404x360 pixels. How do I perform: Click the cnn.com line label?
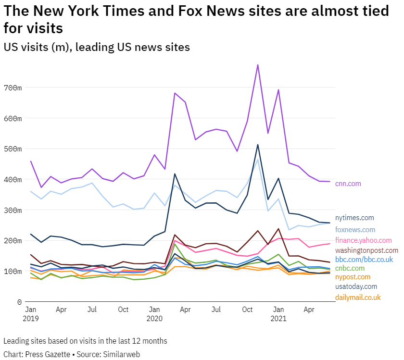[x=348, y=184]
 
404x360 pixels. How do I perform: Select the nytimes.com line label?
[x=354, y=218]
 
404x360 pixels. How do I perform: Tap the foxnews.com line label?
[x=355, y=230]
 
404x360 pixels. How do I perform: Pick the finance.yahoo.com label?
[x=363, y=240]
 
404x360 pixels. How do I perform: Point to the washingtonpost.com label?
[x=366, y=250]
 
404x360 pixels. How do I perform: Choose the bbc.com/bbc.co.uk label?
[x=364, y=260]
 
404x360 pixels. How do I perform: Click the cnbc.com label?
[x=350, y=268]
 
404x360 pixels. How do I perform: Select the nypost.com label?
[x=353, y=277]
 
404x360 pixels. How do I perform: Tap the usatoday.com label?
[x=356, y=286]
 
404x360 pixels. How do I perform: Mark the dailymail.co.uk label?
[x=358, y=298]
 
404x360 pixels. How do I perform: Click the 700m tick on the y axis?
[x=13, y=87]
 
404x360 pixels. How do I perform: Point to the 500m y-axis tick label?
[x=13, y=149]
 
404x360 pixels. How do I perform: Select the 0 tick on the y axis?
[x=19, y=302]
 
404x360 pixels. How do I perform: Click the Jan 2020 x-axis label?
[x=154, y=314]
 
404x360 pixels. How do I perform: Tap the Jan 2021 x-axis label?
[x=278, y=314]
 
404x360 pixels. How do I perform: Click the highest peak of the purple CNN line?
[x=258, y=65]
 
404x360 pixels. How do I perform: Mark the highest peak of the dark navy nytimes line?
[x=258, y=145]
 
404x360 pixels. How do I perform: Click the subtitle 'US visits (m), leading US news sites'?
[x=97, y=47]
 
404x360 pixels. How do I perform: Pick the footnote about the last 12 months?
[x=85, y=341]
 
